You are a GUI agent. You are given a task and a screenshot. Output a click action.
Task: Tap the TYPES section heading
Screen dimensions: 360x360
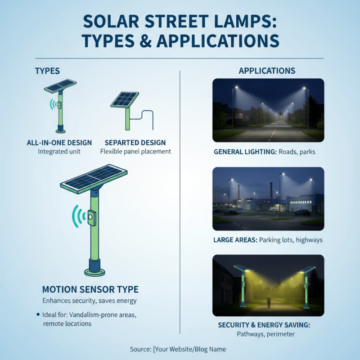(47, 71)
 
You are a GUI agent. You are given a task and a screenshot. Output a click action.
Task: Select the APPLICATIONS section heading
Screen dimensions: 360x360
(267, 71)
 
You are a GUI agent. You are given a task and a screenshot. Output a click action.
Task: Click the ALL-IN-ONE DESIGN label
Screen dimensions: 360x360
(59, 143)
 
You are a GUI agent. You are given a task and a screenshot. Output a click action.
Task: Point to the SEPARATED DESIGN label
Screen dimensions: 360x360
(135, 143)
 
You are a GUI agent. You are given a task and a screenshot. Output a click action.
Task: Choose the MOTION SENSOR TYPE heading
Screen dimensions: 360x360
(90, 289)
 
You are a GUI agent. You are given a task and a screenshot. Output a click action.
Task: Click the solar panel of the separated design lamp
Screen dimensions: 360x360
(125, 99)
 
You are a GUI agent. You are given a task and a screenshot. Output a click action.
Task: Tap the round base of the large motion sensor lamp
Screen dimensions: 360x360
(94, 272)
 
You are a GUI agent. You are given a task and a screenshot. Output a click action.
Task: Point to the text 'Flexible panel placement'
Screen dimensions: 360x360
(135, 152)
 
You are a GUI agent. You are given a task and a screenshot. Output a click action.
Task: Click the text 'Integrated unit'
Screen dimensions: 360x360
(59, 152)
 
